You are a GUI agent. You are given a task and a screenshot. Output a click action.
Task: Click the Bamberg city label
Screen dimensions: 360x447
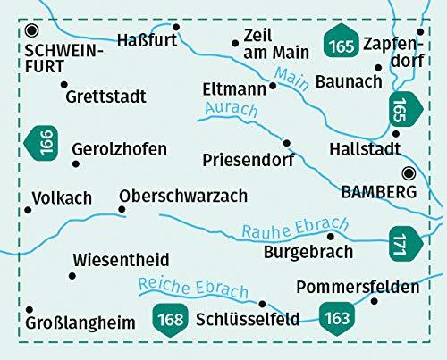[x=379, y=191]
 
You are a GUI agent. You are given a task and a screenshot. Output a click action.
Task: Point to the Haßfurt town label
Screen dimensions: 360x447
[x=148, y=38]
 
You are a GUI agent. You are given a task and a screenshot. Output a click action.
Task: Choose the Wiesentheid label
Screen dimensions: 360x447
[x=121, y=260]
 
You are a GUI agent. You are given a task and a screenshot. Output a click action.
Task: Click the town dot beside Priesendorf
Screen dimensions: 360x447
[x=287, y=143]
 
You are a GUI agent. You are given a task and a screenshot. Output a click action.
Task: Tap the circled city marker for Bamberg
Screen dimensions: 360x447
[x=409, y=173]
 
